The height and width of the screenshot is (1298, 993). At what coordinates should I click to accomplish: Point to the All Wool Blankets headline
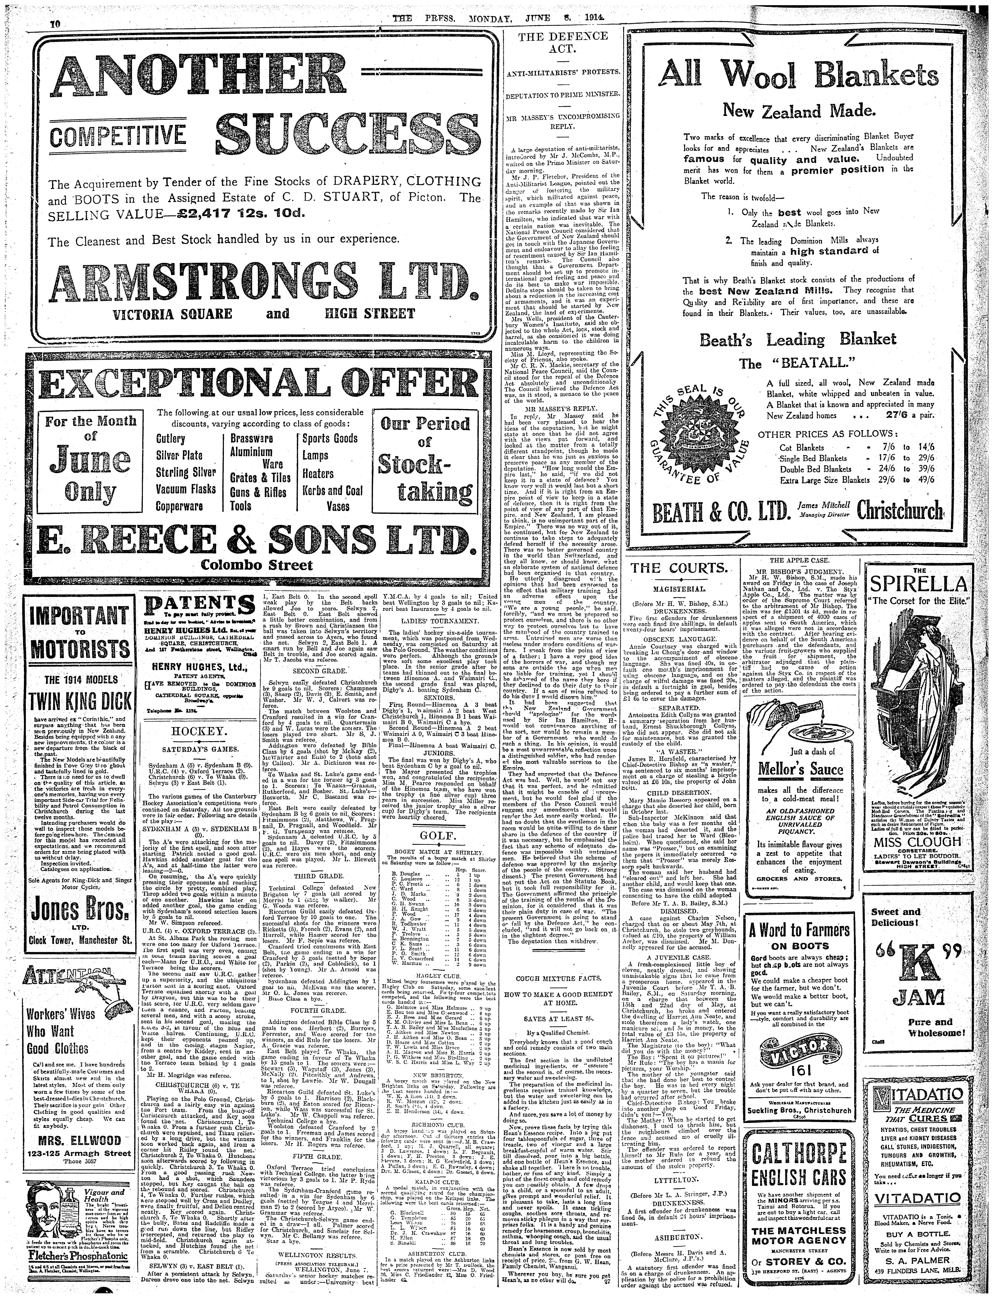(x=799, y=76)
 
